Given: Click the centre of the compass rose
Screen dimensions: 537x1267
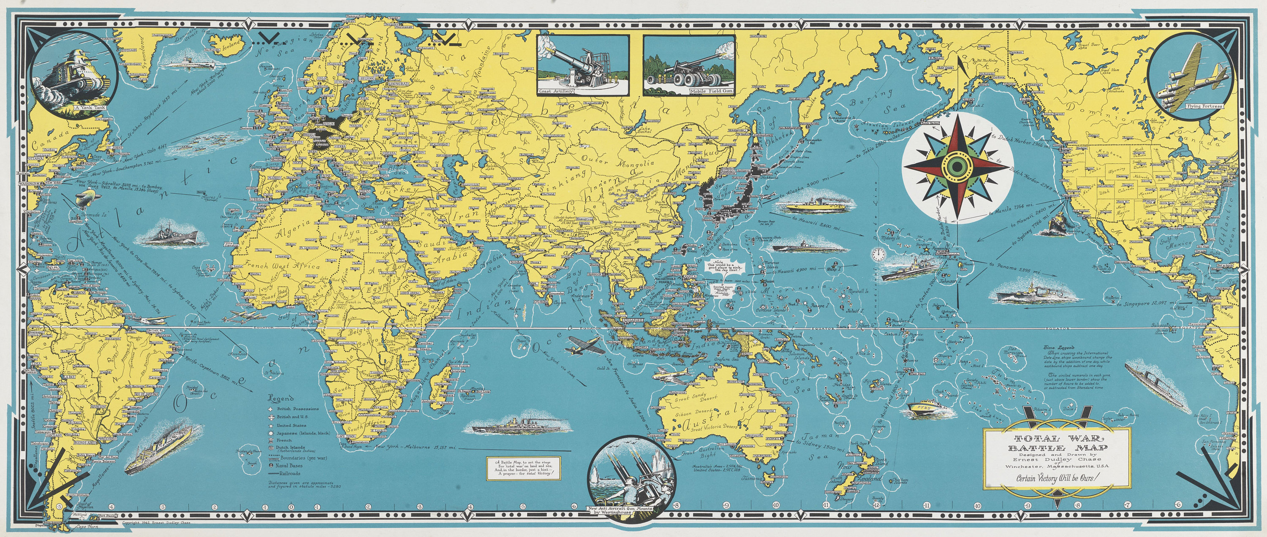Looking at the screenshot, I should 954,167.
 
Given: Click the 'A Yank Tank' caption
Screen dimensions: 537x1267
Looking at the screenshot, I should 87,106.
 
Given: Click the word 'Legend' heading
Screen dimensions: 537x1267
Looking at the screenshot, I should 281,399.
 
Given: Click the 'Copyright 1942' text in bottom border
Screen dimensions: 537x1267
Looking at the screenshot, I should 155,523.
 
